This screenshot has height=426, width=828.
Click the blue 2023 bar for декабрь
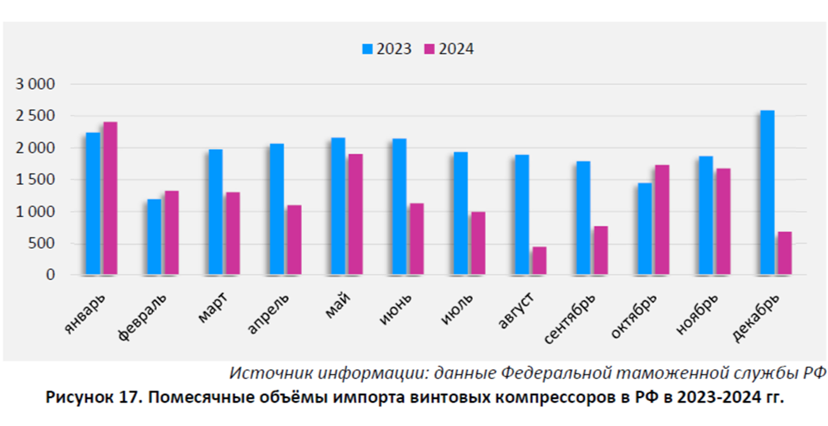click(767, 193)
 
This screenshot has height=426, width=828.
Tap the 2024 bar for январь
click(110, 199)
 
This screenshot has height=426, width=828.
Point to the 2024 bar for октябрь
click(662, 220)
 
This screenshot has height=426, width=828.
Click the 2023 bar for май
click(338, 206)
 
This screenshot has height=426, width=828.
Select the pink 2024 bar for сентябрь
click(601, 250)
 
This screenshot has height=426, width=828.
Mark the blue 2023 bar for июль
click(461, 214)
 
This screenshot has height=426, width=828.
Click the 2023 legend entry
click(387, 50)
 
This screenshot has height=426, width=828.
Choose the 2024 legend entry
click(449, 50)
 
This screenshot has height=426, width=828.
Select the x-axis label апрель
click(269, 313)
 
